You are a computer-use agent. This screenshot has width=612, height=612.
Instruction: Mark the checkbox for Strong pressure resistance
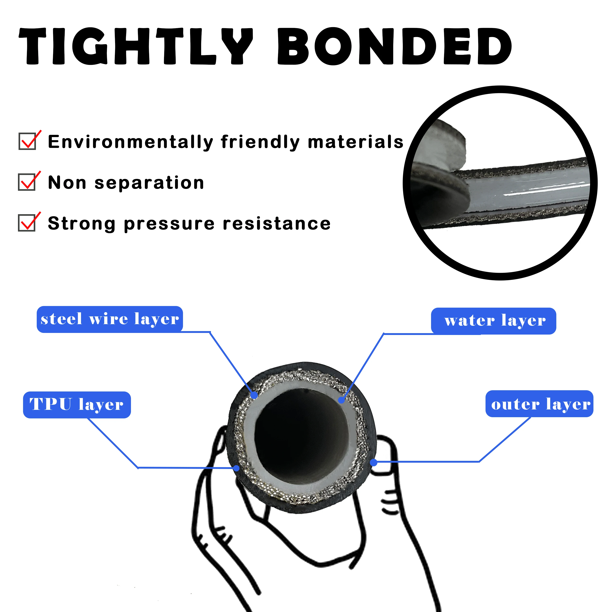pos(27,223)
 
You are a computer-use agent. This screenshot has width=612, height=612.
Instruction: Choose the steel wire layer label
pos(110,319)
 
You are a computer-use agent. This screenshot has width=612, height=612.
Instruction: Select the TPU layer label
pos(77,405)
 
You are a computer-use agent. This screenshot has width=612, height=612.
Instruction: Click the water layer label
pos(493,321)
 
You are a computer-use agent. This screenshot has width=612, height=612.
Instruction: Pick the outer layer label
pos(539,404)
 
